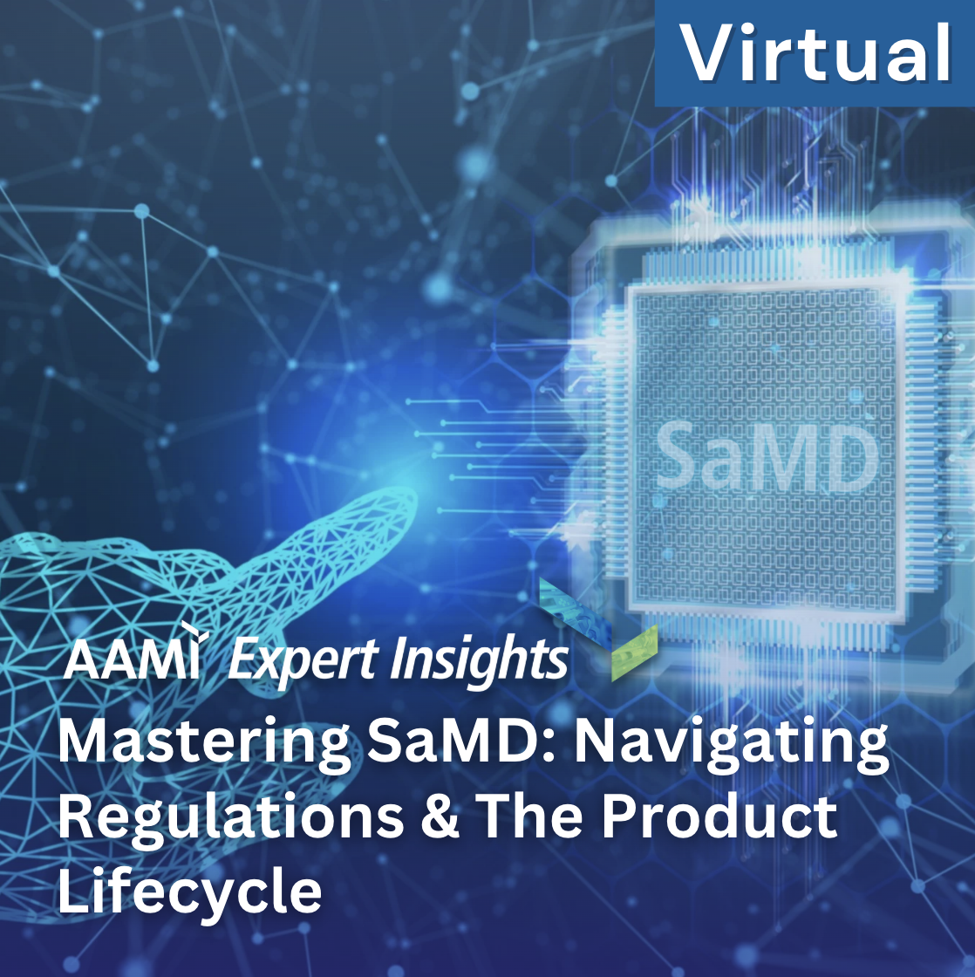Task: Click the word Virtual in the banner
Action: coord(815,52)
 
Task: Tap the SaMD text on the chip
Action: coord(767,455)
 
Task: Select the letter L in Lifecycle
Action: coord(74,890)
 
